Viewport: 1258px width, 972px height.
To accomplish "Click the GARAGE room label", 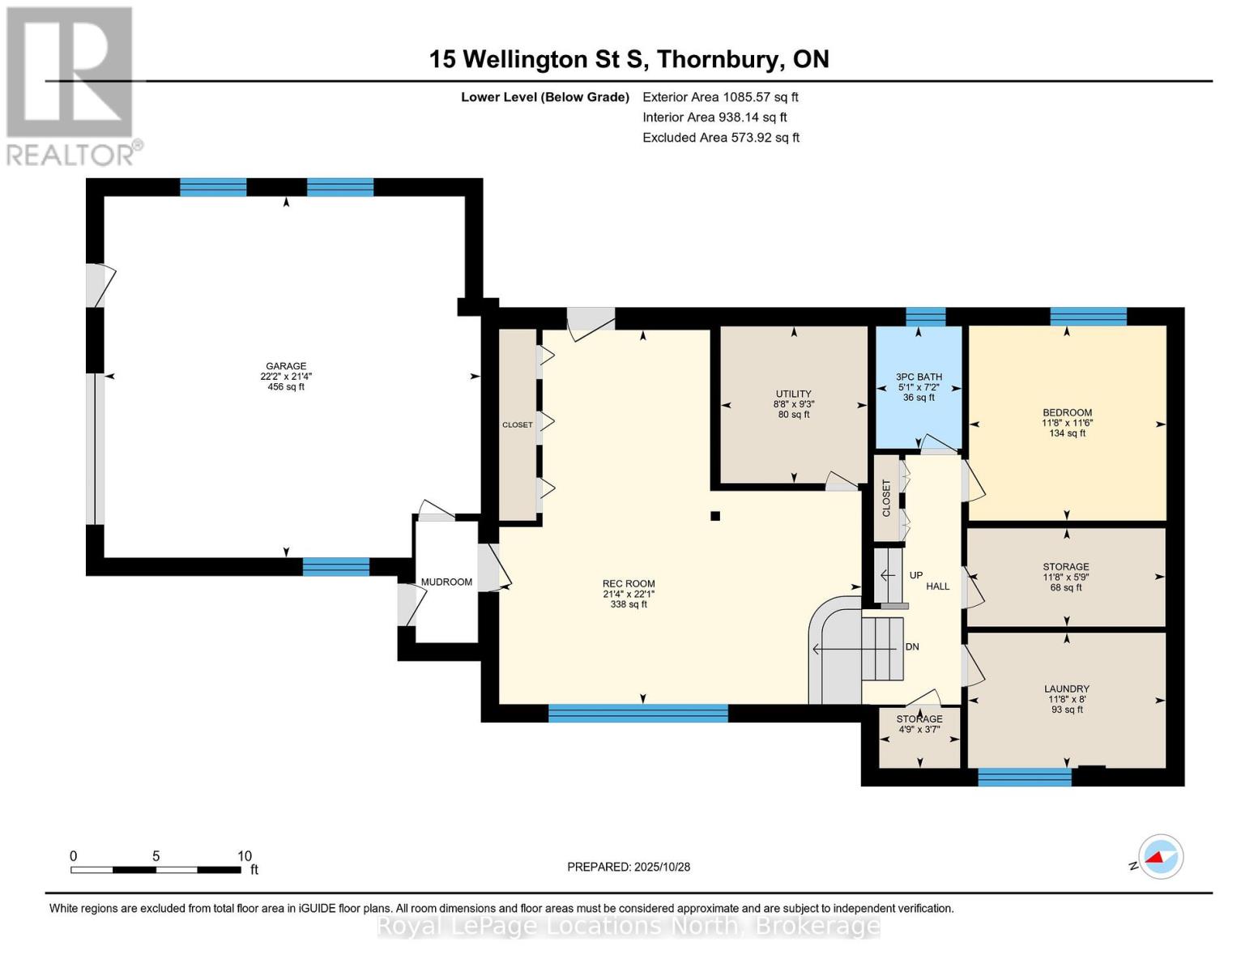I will click(286, 366).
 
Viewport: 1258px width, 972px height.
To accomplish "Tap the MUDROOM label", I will click(446, 582).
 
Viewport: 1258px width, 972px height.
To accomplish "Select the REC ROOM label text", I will click(629, 584).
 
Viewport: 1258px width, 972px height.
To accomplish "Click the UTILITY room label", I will click(793, 394).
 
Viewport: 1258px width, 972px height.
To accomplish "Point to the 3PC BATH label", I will click(919, 377).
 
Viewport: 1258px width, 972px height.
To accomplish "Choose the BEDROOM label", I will click(1067, 412).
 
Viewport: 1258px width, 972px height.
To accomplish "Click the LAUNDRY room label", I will click(1067, 689).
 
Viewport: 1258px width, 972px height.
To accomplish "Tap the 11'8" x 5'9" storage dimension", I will click(1067, 578).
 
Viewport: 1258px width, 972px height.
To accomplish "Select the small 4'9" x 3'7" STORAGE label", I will click(919, 719).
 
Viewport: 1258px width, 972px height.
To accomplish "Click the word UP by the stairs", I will click(916, 575).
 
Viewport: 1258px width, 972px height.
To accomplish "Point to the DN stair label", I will click(912, 647).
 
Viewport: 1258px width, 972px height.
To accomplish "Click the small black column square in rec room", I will click(714, 516).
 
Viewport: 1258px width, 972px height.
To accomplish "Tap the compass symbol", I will click(1160, 857).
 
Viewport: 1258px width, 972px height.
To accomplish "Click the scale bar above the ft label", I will click(156, 870).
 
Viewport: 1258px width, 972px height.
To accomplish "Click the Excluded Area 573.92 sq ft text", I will click(721, 138).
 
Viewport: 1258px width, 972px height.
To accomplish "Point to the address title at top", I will click(629, 59).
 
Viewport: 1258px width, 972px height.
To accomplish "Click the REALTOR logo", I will click(71, 85).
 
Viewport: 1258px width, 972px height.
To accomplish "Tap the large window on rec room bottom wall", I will click(638, 714).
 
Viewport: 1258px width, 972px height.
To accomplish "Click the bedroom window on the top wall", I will click(1088, 316).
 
